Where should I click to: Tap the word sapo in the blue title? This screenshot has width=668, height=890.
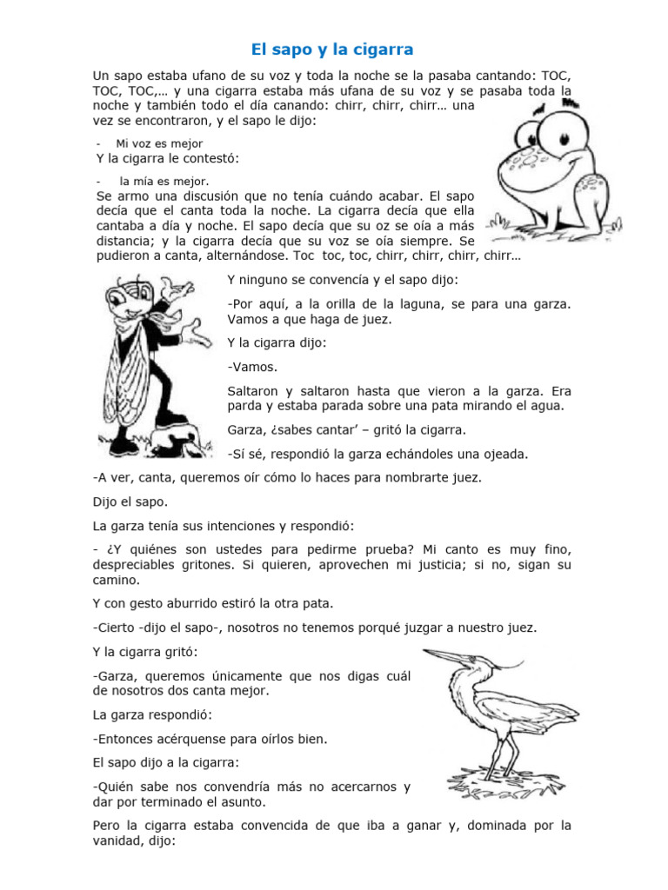[294, 49]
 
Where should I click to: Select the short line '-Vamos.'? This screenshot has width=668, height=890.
[247, 367]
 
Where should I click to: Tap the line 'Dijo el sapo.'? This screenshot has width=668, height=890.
[130, 501]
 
